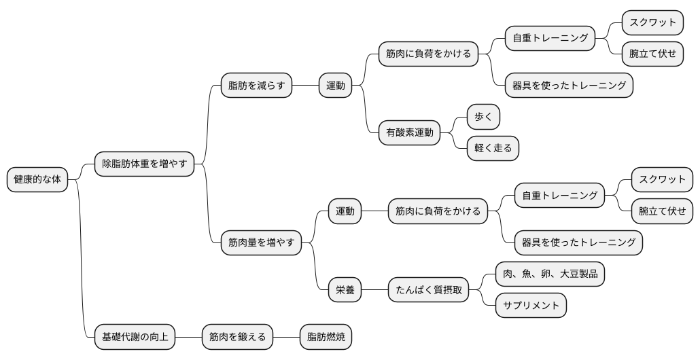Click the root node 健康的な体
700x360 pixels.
click(x=37, y=180)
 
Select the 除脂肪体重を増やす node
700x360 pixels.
click(x=144, y=164)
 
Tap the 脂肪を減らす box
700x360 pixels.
click(x=256, y=86)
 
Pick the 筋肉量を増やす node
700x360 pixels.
click(x=261, y=242)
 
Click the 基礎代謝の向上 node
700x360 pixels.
click(x=134, y=336)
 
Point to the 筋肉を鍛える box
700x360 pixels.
click(x=237, y=336)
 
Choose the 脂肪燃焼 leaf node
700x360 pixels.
click(x=326, y=336)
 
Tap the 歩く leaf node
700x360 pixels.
click(x=483, y=117)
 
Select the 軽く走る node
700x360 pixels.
click(x=493, y=148)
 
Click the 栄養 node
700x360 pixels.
click(x=345, y=290)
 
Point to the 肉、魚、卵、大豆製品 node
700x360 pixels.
click(x=550, y=274)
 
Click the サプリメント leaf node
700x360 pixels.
click(x=531, y=306)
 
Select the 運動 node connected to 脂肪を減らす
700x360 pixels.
click(x=335, y=86)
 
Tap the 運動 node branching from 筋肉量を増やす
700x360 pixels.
click(x=345, y=211)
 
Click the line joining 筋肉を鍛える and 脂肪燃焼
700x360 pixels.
click(x=287, y=336)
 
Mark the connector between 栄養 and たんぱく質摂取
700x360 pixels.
click(x=374, y=290)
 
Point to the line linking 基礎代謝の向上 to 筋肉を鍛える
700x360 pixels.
click(x=189, y=336)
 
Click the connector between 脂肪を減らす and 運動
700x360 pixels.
click(x=305, y=86)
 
